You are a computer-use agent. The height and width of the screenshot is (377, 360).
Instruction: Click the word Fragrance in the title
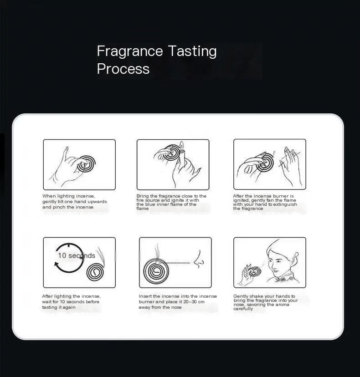(130, 51)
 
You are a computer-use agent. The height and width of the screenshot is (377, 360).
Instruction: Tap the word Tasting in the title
(192, 51)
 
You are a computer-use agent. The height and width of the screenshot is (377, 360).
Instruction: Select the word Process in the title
(123, 69)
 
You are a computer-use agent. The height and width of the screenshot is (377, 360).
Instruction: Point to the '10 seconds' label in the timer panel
(77, 255)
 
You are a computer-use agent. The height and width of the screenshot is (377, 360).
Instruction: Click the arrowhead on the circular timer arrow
(57, 264)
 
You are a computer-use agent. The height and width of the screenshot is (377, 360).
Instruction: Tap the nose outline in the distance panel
(199, 259)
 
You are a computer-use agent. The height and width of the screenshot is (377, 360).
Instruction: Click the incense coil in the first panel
(87, 164)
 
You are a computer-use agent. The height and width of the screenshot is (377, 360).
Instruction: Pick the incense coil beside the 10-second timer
(95, 272)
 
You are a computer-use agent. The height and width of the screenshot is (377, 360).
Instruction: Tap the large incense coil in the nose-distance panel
(156, 271)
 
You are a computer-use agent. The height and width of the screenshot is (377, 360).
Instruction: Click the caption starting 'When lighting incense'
(75, 202)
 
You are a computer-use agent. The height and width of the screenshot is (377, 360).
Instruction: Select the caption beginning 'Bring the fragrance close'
(171, 202)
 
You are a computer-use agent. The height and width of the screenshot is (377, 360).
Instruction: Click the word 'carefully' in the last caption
(243, 309)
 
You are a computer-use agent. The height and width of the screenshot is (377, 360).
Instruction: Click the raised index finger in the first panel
(65, 154)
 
